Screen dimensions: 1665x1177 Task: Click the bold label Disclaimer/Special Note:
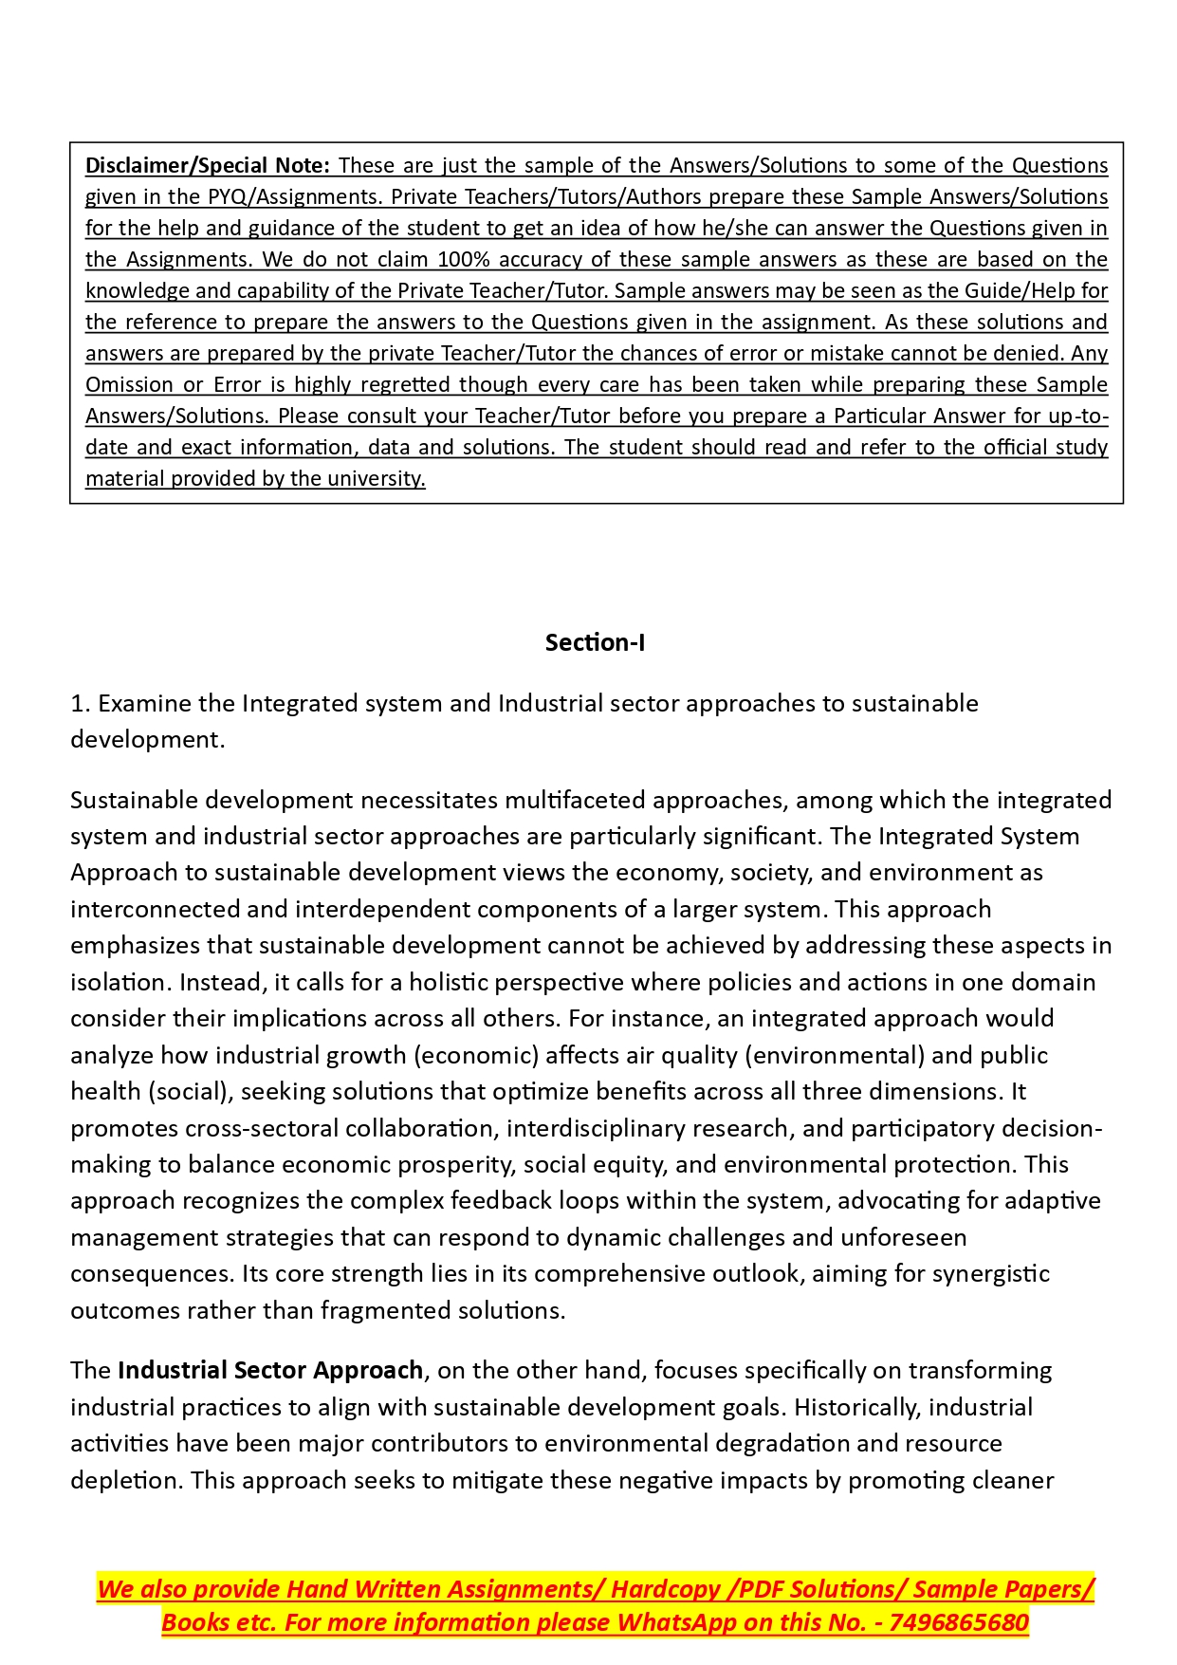click(x=208, y=165)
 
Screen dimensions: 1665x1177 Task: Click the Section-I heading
click(x=595, y=642)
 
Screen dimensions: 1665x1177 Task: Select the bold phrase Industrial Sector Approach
click(x=270, y=1371)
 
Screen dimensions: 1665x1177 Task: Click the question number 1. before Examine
click(x=81, y=703)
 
